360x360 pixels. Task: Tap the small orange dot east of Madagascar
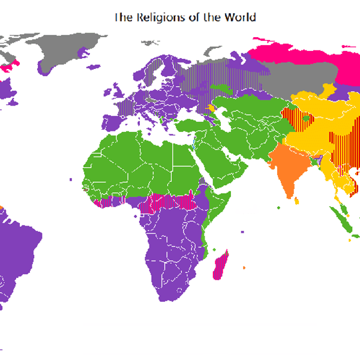pyautogui.click(x=244, y=267)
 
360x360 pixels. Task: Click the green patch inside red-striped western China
pyautogui.click(x=307, y=118)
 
